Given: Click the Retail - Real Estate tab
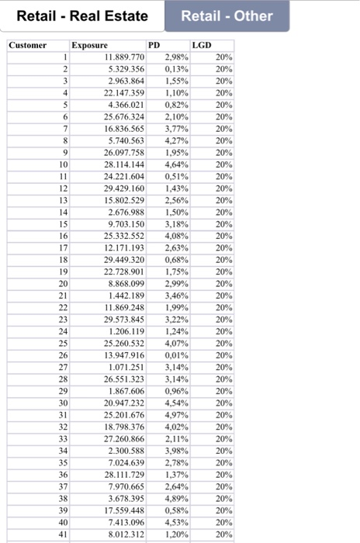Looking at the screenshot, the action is point(82,16).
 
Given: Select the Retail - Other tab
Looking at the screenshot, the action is point(227,16).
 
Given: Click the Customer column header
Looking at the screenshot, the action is point(28,46).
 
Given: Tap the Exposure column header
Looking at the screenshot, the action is point(89,46).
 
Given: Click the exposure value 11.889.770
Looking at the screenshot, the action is point(124,57).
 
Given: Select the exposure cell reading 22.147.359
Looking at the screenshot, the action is point(124,92).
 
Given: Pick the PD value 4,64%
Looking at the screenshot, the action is point(175,164).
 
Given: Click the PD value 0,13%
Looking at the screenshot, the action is point(175,69).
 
